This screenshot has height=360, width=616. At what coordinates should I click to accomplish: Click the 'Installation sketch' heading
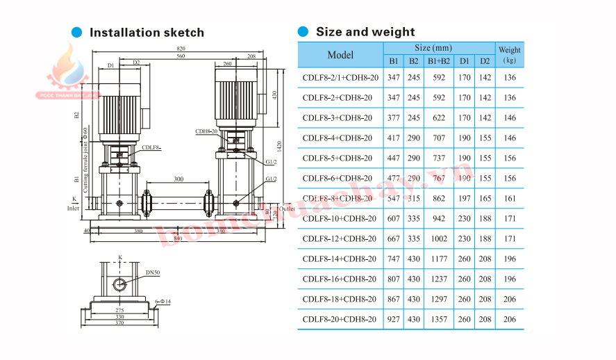point(147,33)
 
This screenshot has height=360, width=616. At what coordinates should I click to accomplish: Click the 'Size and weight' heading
point(365,32)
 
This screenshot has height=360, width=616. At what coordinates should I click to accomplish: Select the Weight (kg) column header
point(510,54)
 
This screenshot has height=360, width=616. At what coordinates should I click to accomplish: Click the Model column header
point(340,55)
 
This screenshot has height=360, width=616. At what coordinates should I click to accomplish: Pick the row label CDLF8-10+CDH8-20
point(340,218)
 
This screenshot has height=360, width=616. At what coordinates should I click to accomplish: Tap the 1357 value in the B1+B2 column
point(438,319)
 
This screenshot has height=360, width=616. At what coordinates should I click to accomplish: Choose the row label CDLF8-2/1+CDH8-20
point(340,78)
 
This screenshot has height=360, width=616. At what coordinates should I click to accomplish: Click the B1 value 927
point(394,319)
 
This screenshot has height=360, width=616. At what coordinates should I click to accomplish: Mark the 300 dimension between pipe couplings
point(178,179)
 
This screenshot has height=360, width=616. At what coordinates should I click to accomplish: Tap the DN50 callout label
point(153,273)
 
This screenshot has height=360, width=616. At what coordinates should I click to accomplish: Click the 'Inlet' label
point(73,207)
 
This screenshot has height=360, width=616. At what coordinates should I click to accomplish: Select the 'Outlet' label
point(287,208)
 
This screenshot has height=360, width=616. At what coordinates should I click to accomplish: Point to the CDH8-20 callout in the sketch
point(206,131)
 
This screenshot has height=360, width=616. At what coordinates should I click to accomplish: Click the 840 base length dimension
point(178,238)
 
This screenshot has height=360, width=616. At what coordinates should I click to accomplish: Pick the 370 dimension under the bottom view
point(119,324)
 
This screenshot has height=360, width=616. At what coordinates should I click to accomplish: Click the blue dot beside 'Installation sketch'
point(77,32)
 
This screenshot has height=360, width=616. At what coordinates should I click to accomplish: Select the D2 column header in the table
point(485,60)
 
